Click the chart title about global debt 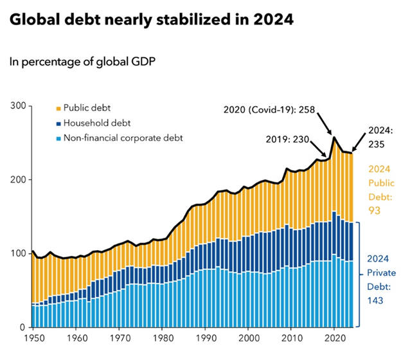(150, 21)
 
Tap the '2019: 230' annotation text (288, 138)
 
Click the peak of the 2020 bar (334, 137)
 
